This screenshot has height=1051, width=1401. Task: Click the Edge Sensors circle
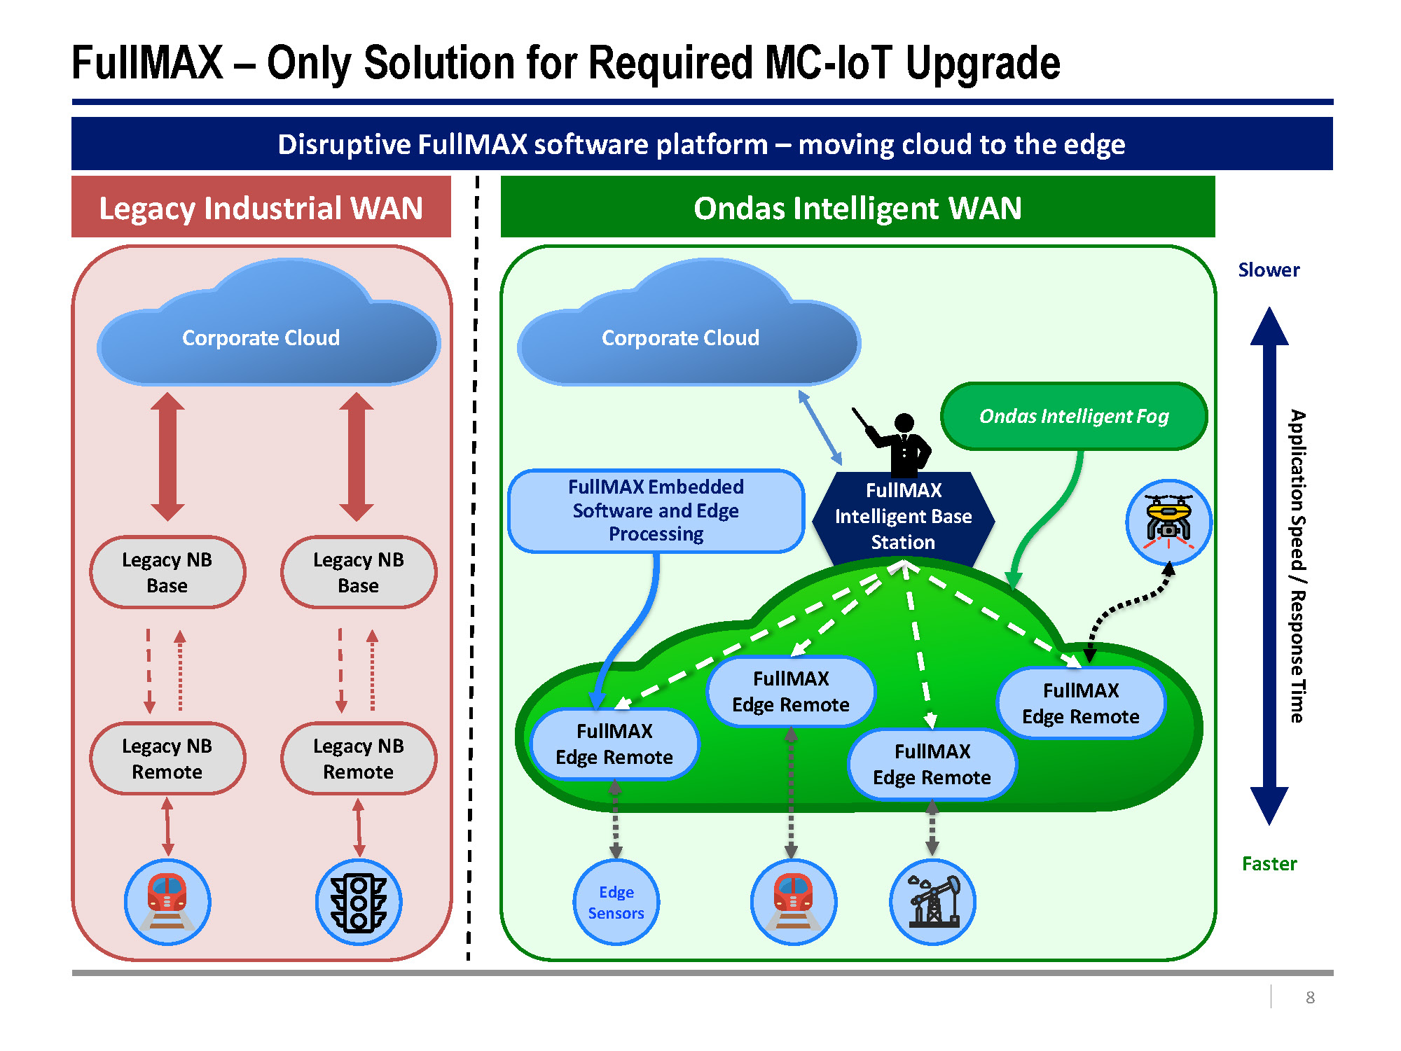[616, 902]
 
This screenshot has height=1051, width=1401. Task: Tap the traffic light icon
[359, 902]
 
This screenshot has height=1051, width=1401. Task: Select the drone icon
[1168, 522]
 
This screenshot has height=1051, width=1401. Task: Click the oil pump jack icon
[932, 902]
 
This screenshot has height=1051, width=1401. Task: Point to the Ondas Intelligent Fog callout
[1074, 416]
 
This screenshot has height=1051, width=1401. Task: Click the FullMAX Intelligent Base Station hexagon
[903, 517]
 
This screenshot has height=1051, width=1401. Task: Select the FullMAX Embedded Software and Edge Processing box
[656, 510]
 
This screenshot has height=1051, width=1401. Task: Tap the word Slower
[1269, 270]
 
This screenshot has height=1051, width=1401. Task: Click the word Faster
[1269, 863]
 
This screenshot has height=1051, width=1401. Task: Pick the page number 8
[1310, 997]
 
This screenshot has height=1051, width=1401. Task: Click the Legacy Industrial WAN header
[261, 208]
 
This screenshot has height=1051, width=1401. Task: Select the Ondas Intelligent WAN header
[857, 208]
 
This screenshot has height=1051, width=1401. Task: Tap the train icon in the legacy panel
[167, 902]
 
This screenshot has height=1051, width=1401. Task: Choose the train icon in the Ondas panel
[793, 902]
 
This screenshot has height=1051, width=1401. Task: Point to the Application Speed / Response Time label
[1297, 566]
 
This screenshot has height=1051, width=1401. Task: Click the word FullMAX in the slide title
[147, 63]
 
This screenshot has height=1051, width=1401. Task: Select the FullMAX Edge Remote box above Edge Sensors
[614, 744]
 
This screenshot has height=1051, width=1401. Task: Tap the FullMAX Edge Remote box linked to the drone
[1081, 703]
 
